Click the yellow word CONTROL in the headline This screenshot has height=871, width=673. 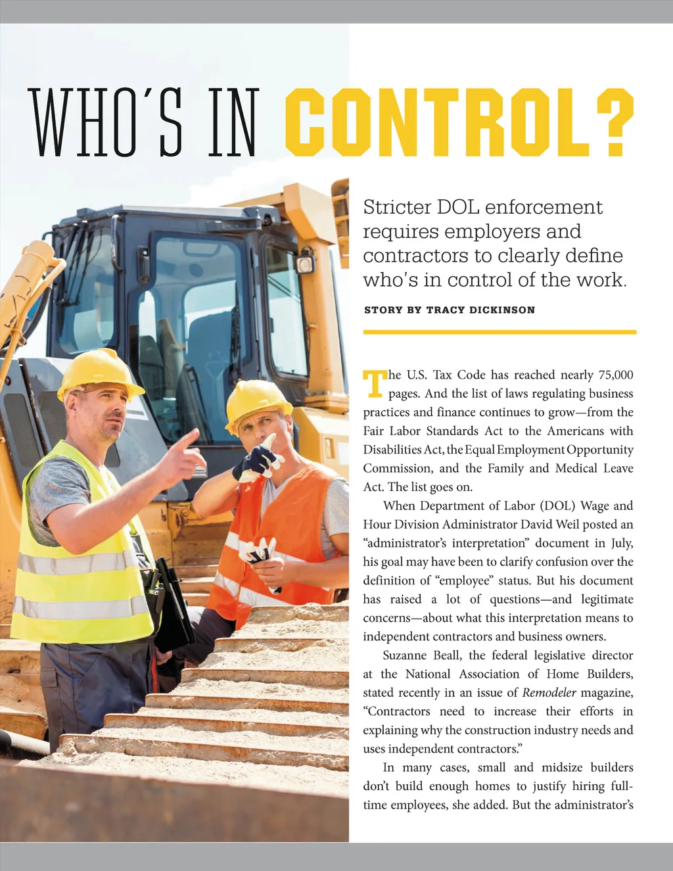437,122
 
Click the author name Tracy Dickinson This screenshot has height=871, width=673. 480,310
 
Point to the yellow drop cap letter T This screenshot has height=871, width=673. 374,383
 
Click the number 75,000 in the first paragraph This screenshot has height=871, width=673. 616,375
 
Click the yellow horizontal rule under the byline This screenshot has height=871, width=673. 499,332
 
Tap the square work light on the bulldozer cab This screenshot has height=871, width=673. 305,264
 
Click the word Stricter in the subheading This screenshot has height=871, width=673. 393,207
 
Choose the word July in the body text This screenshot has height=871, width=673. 621,543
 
